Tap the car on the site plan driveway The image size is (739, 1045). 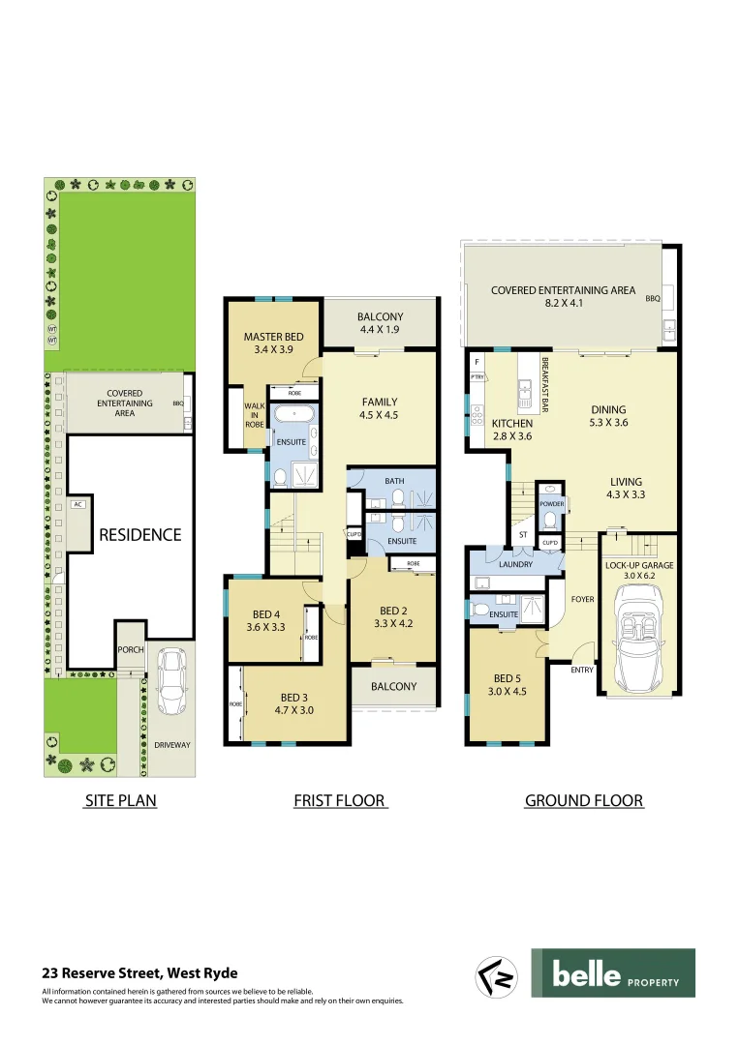171,680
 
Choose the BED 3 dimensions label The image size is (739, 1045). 294,710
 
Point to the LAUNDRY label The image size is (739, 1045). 514,563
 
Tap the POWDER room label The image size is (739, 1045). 551,504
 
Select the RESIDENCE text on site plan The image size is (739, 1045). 139,534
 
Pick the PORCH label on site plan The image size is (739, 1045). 130,650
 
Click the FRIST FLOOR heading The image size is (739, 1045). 339,800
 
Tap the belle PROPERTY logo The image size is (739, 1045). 613,972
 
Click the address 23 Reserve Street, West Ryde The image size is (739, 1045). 139,973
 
